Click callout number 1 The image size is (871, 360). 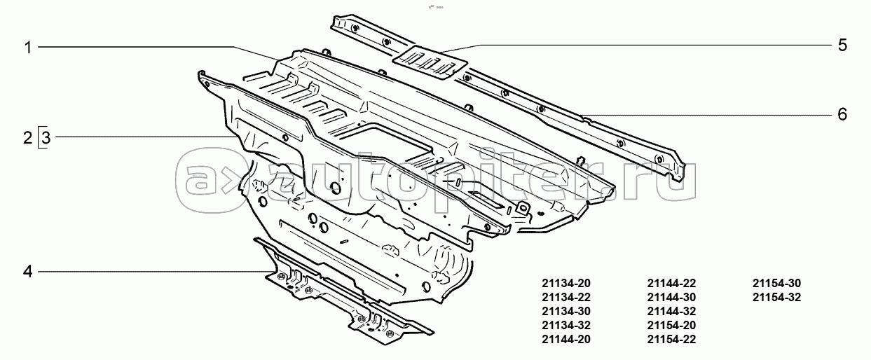tap(28, 48)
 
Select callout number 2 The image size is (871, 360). tap(28, 137)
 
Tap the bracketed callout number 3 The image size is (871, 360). tap(45, 137)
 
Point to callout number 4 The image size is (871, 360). tap(28, 271)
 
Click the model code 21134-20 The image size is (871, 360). tap(566, 284)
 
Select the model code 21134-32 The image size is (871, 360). tap(566, 326)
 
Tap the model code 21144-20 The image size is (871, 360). tap(566, 340)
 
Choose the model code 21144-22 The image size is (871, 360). tap(671, 284)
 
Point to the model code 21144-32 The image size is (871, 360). tap(671, 312)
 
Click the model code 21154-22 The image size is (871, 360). tap(671, 340)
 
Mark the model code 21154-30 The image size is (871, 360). tap(776, 284)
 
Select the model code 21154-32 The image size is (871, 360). tap(776, 298)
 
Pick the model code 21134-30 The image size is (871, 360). tap(566, 312)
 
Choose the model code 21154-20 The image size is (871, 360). tap(671, 326)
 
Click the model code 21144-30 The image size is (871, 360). tap(671, 298)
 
